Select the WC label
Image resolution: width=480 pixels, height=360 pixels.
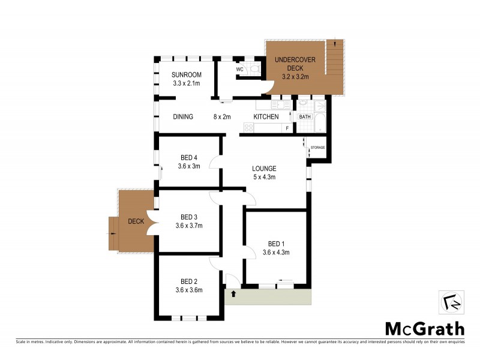239,70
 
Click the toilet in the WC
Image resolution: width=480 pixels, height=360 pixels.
254,70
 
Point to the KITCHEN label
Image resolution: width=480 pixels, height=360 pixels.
266,116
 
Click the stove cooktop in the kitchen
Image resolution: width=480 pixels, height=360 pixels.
248,127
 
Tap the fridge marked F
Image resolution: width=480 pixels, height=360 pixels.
287,128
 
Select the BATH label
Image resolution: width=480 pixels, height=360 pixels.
305,116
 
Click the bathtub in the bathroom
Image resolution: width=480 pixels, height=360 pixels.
320,119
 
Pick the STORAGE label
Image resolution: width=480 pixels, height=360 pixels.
317,147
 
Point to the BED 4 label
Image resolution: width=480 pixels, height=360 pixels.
189,158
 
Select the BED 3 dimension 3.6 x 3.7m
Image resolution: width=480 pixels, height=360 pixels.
189,226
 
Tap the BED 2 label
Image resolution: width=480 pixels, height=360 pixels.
189,281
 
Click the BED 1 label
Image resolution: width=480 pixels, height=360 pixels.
276,244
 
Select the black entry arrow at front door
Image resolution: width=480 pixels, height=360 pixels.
233,294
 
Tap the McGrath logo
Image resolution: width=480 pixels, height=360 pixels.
424,328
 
